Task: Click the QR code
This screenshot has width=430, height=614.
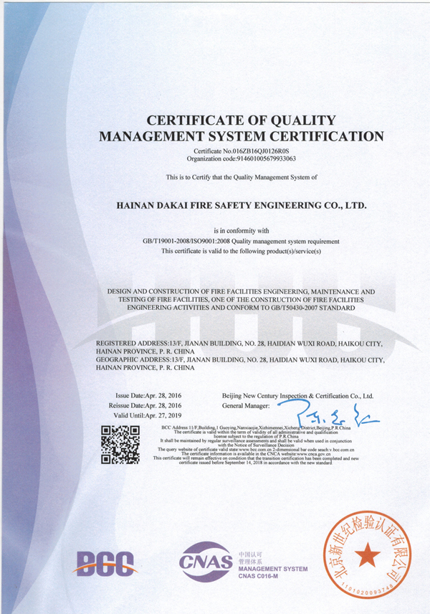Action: [x=120, y=445]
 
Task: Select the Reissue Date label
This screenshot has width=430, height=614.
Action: [x=129, y=405]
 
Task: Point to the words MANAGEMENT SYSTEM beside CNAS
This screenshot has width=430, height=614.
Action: [x=272, y=569]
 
